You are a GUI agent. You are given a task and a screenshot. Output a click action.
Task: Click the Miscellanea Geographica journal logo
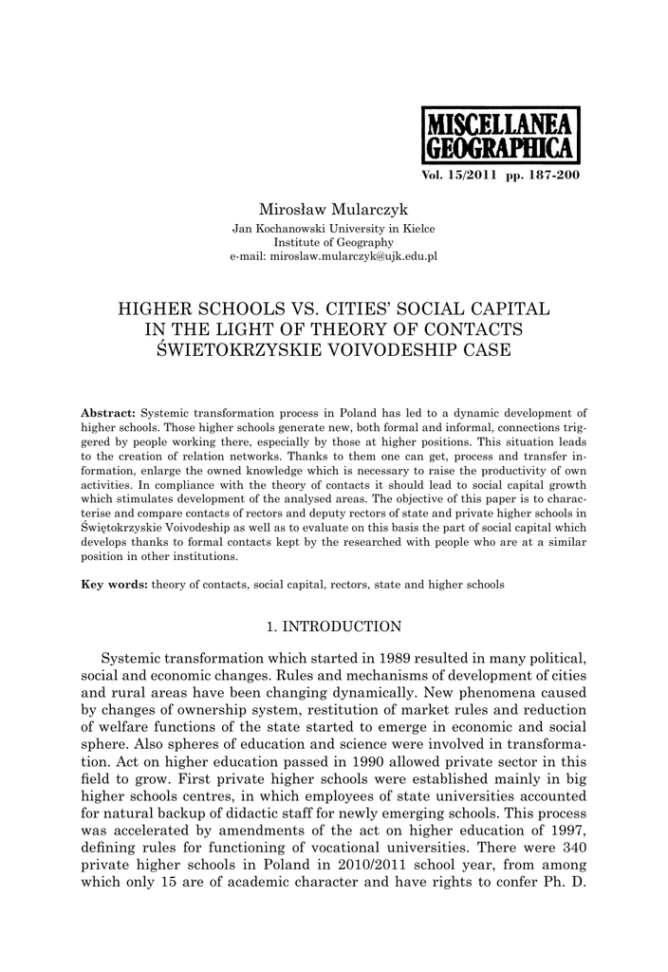point(497,136)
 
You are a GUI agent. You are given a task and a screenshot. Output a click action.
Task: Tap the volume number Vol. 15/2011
point(457,178)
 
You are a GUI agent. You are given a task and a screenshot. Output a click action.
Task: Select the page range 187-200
point(549,178)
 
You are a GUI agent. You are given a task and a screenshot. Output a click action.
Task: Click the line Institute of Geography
point(334,243)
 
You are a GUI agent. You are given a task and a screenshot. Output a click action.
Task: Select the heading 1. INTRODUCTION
point(333,626)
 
